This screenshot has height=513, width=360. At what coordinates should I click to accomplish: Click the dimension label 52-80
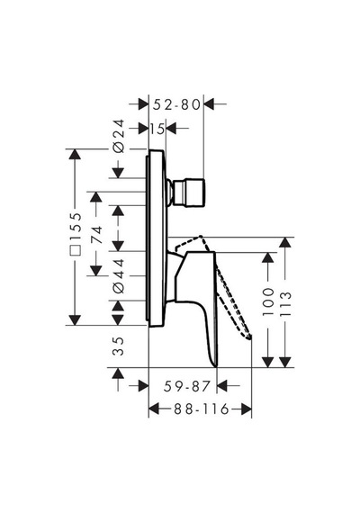[176, 104]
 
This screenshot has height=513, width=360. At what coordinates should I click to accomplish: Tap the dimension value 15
[157, 129]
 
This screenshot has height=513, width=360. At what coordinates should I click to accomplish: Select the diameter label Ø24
[119, 136]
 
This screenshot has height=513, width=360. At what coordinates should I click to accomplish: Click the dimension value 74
[96, 234]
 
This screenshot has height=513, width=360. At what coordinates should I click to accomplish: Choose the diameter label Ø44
[119, 276]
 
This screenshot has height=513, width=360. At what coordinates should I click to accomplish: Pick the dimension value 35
[119, 346]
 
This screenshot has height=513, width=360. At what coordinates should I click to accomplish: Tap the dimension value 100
[268, 301]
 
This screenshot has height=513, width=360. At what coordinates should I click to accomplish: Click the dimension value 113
[285, 303]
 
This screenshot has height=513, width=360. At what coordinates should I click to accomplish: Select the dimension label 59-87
[186, 386]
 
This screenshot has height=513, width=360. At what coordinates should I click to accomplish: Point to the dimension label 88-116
[202, 409]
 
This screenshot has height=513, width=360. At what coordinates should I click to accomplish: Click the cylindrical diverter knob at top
[189, 193]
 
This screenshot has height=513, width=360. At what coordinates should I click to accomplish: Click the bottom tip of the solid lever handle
[216, 366]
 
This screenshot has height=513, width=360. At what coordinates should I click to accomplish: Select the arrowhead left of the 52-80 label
[144, 104]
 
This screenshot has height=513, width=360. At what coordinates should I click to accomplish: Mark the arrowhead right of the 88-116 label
[247, 409]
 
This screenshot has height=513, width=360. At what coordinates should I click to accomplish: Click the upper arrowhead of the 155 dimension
[76, 155]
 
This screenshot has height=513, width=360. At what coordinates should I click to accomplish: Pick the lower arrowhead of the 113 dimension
[285, 362]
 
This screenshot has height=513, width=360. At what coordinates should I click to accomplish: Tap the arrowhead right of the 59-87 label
[222, 385]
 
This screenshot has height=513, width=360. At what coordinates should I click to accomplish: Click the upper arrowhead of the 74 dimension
[96, 197]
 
